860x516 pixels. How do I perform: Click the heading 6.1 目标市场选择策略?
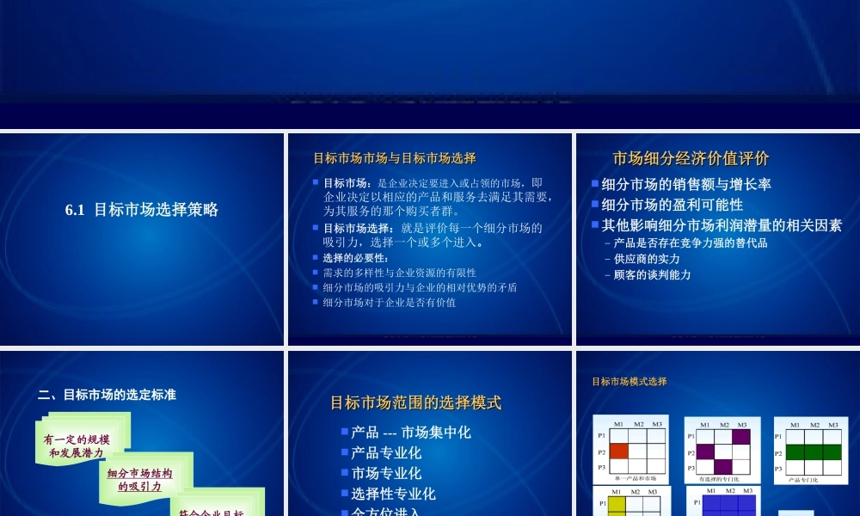coord(142,209)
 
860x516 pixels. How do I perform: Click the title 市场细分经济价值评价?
coord(691,158)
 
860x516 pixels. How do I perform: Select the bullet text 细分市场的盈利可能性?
coord(672,205)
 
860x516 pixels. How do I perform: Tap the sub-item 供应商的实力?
coord(647,259)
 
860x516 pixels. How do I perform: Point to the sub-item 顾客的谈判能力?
coord(652,275)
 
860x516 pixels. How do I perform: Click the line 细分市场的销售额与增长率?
coord(685,184)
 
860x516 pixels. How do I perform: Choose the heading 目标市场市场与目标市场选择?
coord(394,158)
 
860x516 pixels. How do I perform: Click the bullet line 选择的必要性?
coord(355,258)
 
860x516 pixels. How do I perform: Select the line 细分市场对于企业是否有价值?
coord(389,303)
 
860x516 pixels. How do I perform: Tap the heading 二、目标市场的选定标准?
coord(107,395)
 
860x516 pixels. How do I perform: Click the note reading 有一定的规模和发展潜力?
coord(77,445)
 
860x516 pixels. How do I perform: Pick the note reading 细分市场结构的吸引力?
coord(139,480)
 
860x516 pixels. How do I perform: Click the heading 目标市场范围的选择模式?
coord(415,402)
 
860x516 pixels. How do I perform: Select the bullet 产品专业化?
coord(386,452)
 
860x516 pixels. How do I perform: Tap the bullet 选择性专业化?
coord(393,494)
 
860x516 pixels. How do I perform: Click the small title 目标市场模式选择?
coord(629,382)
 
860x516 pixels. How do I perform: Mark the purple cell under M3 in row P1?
coord(740,437)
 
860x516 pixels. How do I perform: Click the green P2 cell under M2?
coord(813,452)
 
